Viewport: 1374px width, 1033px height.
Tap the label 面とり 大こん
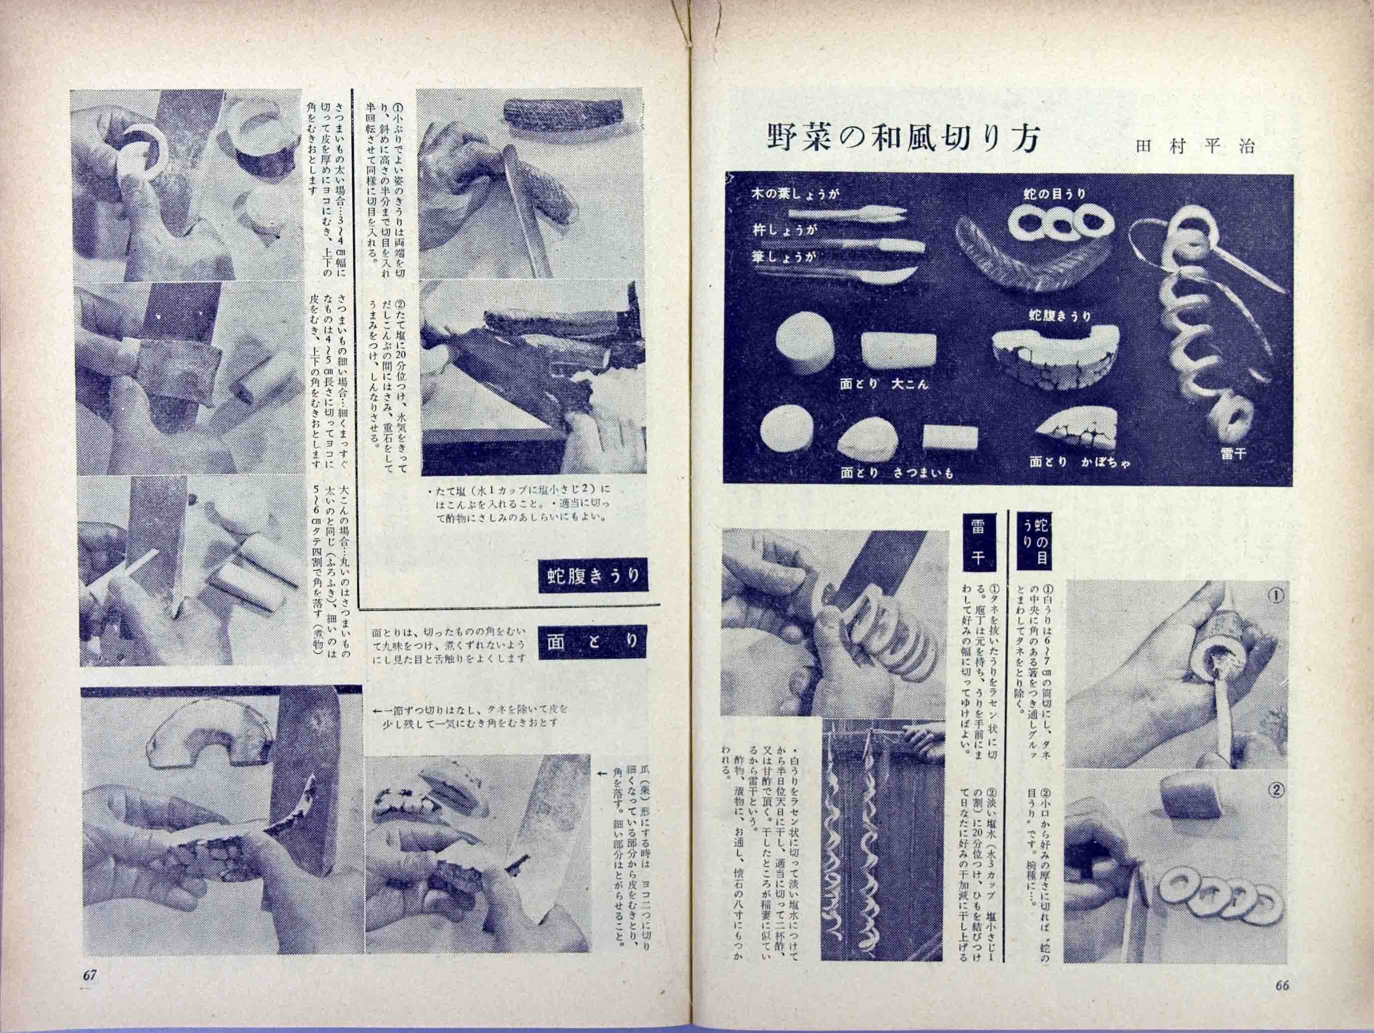(x=883, y=385)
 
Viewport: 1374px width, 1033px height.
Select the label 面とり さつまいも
(x=896, y=473)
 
